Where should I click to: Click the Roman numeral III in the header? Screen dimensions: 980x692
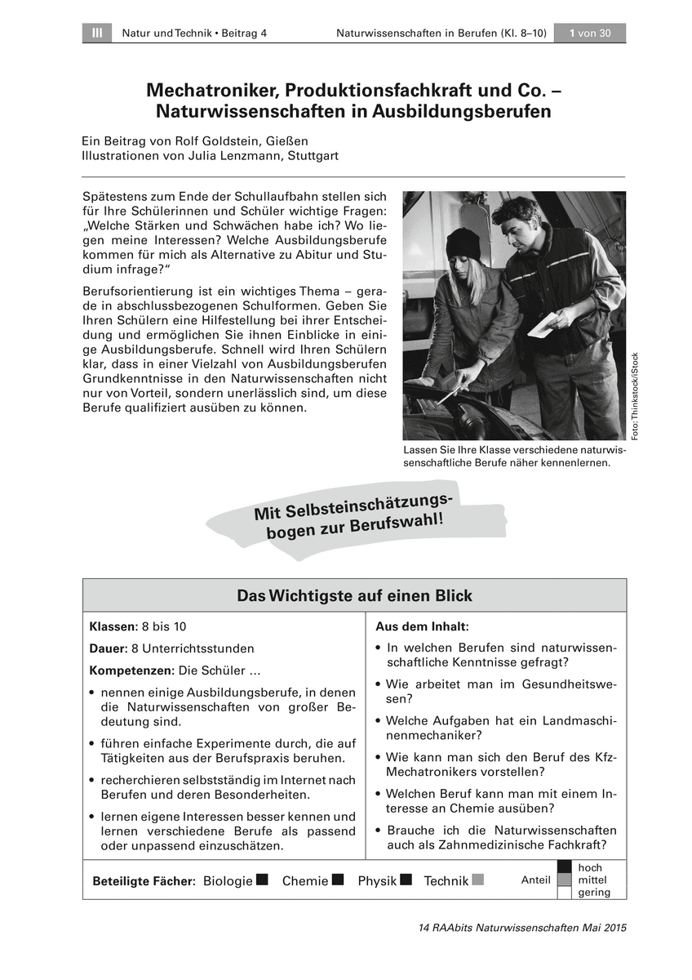[96, 33]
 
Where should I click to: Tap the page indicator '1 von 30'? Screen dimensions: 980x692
[589, 33]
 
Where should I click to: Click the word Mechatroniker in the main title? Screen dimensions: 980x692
[207, 90]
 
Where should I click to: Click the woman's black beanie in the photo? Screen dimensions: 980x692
[463, 243]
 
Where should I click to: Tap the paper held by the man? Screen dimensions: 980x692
[546, 324]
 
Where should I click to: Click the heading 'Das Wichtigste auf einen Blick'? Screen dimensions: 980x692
[354, 595]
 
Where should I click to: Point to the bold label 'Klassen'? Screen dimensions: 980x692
[113, 626]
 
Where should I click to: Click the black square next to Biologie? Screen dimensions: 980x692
[262, 880]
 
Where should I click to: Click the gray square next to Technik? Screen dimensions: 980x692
[478, 880]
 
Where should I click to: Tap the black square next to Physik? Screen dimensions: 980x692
[406, 880]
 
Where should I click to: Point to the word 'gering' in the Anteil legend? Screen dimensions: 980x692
[593, 892]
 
